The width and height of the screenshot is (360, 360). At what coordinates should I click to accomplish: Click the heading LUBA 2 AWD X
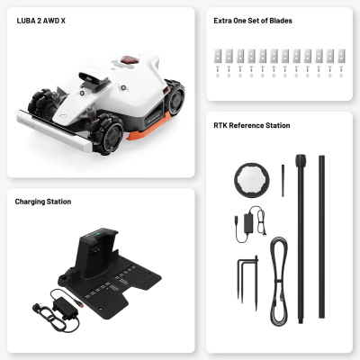41,21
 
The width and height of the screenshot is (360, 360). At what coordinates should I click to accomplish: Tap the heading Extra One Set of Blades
253,21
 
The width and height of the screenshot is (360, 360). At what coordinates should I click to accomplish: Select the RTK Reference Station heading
252,125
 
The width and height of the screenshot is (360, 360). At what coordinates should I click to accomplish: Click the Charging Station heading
43,202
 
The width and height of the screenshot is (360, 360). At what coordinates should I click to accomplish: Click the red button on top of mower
130,59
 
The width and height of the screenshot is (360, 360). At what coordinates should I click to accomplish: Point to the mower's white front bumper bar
54,130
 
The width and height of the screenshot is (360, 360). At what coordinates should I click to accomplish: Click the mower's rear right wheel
175,97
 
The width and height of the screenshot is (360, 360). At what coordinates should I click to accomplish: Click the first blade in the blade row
218,56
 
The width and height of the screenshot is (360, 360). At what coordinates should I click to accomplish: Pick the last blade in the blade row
341,56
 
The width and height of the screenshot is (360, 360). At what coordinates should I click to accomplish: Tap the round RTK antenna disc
252,180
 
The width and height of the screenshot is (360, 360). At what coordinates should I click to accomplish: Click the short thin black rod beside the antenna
283,180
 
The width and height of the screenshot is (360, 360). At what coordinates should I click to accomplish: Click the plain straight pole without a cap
321,237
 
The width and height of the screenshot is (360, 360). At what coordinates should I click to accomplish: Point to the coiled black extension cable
279,282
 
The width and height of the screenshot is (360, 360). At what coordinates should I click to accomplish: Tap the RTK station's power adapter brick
248,223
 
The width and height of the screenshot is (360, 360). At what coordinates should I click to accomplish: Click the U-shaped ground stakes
247,281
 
